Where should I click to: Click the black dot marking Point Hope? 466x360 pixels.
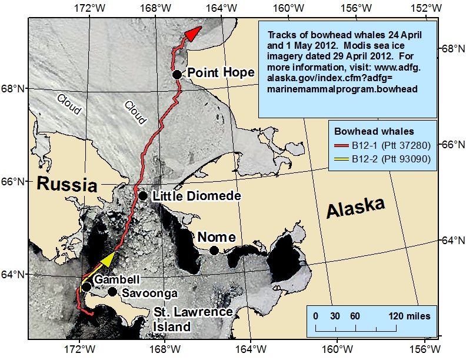(177, 74)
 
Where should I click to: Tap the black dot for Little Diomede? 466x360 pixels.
(142, 196)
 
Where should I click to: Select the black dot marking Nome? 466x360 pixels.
(214, 251)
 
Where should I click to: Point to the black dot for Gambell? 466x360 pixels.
(86, 286)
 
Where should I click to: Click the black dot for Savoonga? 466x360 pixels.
(112, 292)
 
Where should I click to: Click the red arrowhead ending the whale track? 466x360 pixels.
(191, 35)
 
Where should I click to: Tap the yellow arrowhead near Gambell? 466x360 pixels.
(107, 259)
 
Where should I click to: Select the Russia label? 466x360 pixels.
(66, 185)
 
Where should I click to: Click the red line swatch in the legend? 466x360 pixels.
(342, 144)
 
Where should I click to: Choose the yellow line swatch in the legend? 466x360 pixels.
(342, 159)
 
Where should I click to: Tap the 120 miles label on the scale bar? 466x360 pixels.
(409, 316)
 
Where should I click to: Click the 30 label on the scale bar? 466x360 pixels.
(335, 316)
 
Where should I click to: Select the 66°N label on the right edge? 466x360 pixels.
(453, 144)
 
